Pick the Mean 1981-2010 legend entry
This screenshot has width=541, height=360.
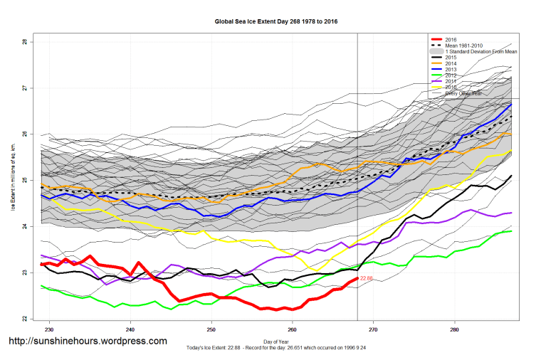coord(462,46)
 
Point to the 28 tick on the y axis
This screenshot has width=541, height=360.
coord(25,42)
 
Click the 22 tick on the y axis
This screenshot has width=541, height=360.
coord(25,319)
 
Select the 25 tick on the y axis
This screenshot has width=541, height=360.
coord(25,180)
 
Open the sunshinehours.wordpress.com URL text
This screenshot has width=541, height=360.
coord(88,341)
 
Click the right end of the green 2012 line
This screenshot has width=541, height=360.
coord(511,231)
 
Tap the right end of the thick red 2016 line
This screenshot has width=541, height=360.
coord(357,278)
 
